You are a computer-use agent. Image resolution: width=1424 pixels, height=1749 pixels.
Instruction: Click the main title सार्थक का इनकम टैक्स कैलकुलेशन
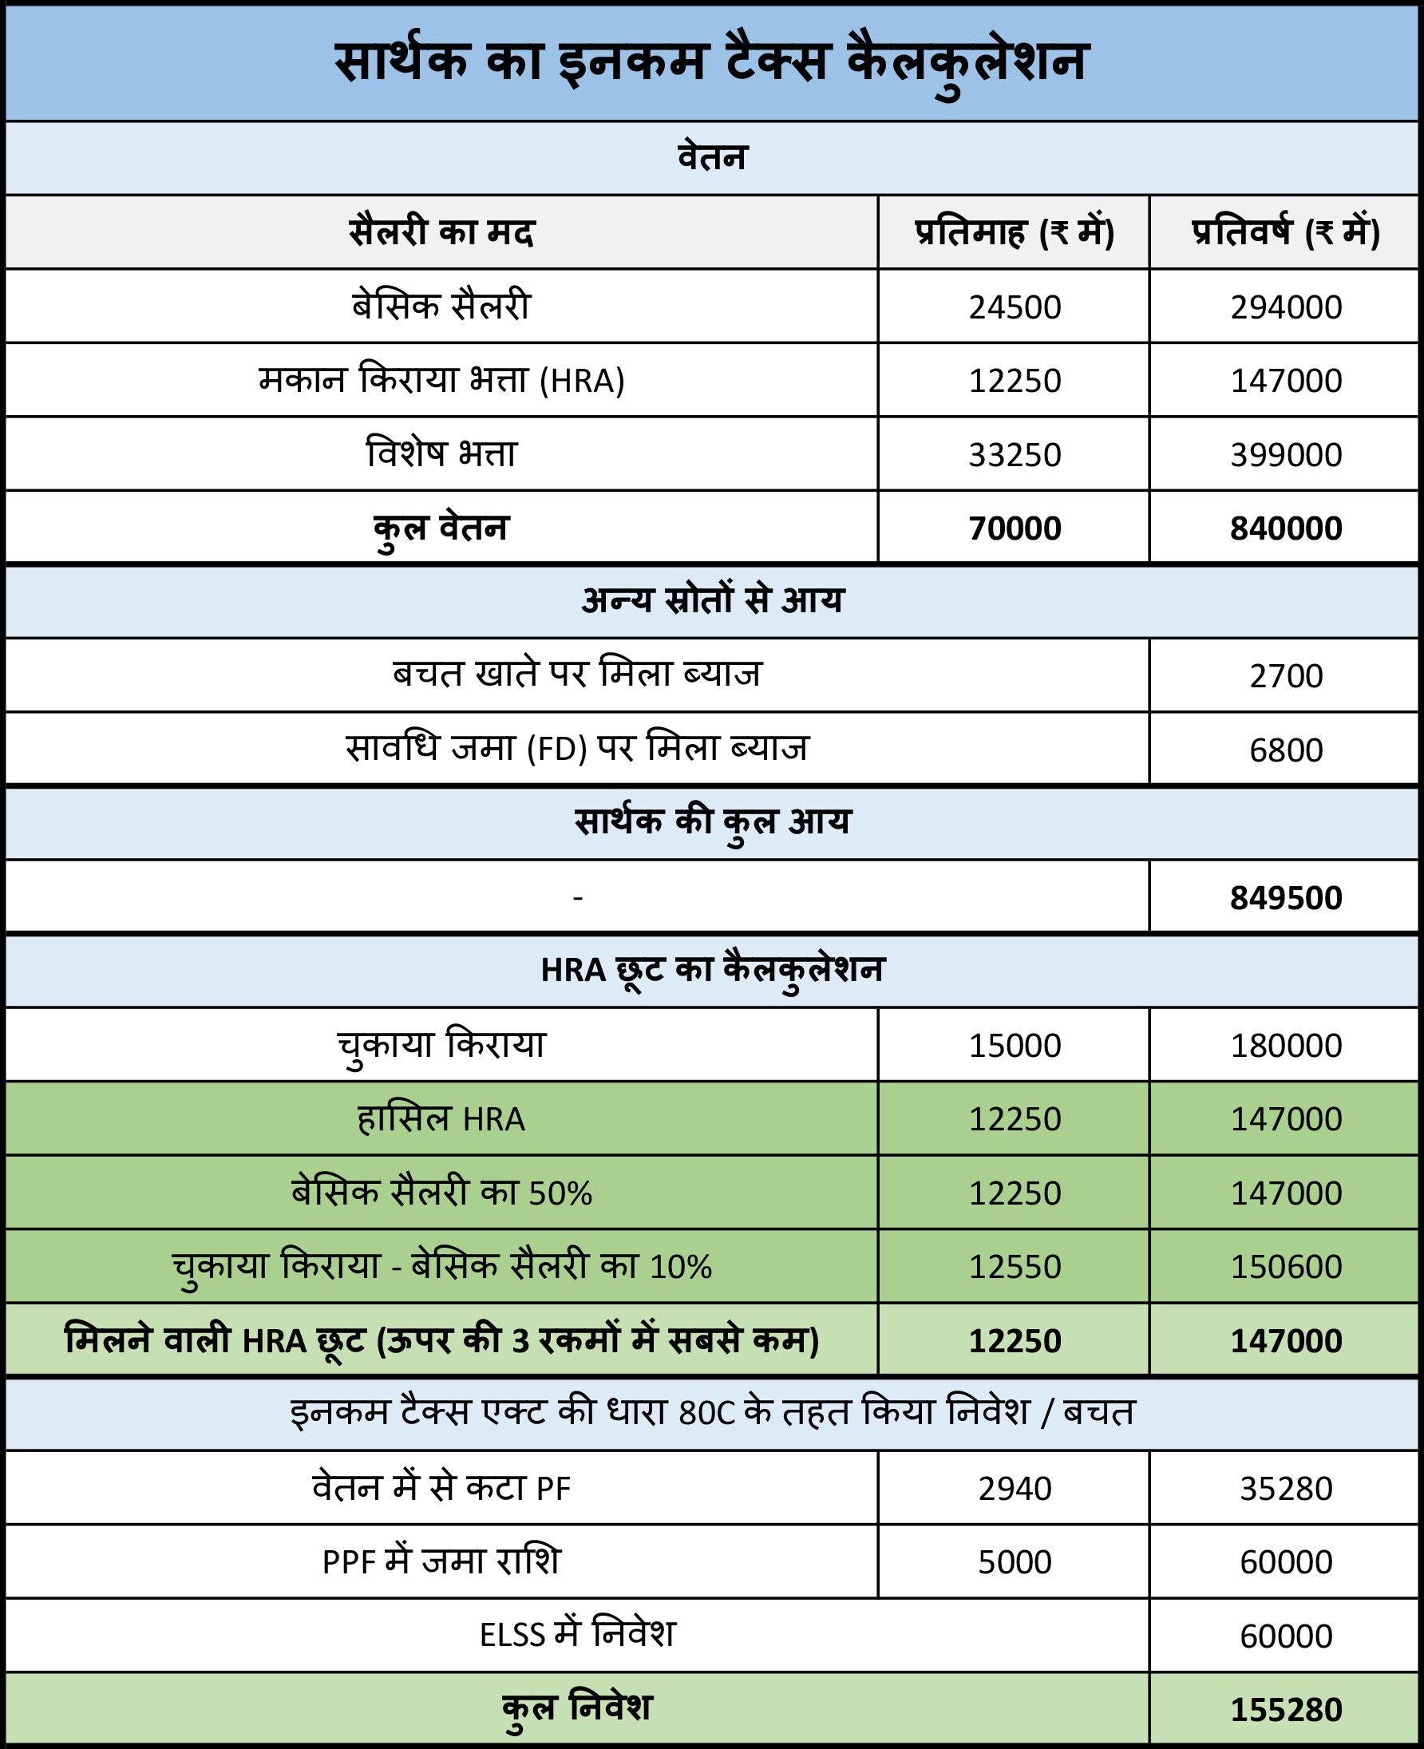[x=711, y=62]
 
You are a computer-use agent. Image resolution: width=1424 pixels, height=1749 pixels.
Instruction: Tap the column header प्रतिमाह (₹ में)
[x=1014, y=232]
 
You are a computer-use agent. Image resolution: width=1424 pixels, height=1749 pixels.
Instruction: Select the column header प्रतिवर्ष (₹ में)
[x=1285, y=232]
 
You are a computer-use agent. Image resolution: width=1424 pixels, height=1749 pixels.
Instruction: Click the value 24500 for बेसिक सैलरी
[x=1014, y=307]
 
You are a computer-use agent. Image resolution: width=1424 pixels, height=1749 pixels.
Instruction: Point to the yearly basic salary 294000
[x=1285, y=307]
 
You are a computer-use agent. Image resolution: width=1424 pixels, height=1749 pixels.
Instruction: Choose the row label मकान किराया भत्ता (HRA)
[x=441, y=381]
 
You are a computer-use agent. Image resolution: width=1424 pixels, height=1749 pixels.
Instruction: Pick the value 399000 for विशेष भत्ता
[x=1285, y=454]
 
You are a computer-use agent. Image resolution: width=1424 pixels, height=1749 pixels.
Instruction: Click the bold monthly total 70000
[x=1014, y=528]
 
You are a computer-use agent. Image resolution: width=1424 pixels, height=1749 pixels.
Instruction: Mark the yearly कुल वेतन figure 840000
[x=1285, y=528]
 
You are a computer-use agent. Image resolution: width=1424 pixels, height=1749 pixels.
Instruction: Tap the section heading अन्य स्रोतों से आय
[x=711, y=600]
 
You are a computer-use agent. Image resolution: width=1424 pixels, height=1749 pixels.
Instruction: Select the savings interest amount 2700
[x=1285, y=676]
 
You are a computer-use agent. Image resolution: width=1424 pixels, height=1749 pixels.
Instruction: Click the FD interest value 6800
[x=1285, y=750]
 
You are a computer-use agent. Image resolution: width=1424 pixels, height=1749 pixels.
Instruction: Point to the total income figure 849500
[x=1285, y=897]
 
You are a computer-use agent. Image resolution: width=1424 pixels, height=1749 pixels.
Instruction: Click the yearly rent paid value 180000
[x=1285, y=1045]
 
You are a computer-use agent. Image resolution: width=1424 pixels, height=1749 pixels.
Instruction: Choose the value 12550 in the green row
[x=1014, y=1267]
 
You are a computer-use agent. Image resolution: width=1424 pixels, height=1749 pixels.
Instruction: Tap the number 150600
[x=1285, y=1267]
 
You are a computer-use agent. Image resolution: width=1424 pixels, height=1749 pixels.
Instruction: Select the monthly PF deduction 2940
[x=1014, y=1488]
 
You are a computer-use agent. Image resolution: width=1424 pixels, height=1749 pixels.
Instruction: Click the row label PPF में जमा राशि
[x=441, y=1562]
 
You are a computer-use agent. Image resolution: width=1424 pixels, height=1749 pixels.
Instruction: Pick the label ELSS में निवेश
[x=576, y=1635]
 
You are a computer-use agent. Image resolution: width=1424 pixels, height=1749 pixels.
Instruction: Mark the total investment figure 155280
[x=1285, y=1710]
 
